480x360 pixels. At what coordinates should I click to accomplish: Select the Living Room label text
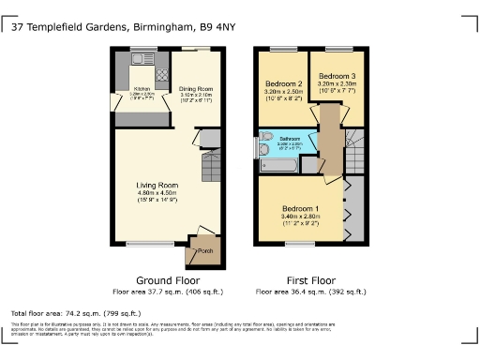(157, 185)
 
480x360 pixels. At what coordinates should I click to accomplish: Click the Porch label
(203, 250)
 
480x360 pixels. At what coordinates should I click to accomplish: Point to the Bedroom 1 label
(301, 207)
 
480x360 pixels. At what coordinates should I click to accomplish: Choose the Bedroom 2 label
(283, 83)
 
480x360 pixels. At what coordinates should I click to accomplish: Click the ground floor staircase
(211, 169)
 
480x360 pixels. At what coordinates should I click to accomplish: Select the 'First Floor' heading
(310, 280)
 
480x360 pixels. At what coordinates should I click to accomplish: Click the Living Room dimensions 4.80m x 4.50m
(157, 193)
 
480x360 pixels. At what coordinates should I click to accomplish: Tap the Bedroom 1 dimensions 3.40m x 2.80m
(301, 216)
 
